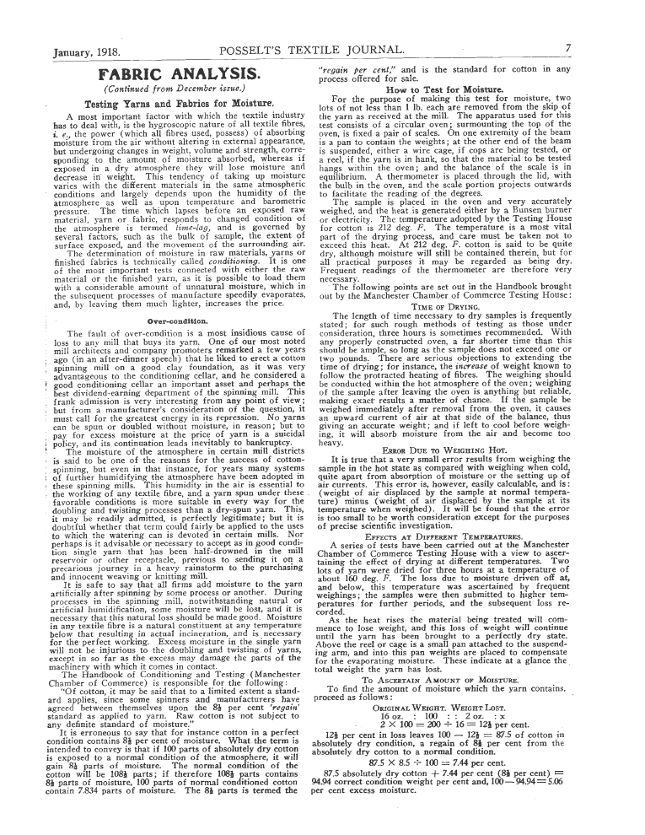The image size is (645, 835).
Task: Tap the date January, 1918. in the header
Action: [x=88, y=50]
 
